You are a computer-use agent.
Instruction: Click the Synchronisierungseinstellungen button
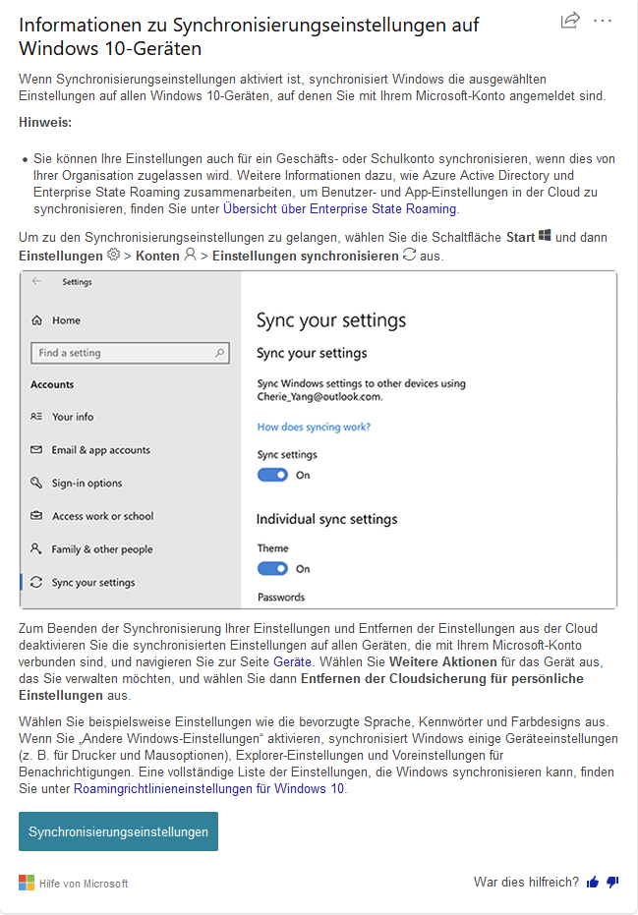(x=118, y=831)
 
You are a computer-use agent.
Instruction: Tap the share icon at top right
(x=569, y=21)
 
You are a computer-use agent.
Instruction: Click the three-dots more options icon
(x=603, y=21)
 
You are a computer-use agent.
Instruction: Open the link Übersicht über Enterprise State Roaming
(x=339, y=208)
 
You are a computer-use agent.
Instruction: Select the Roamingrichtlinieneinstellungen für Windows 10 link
(x=209, y=788)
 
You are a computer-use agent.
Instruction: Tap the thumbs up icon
(x=593, y=883)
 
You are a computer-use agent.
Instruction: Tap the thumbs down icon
(x=612, y=883)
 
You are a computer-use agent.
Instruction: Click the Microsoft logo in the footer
(x=27, y=883)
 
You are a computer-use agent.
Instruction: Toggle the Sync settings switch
(x=272, y=475)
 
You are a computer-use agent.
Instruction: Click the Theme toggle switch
(x=272, y=568)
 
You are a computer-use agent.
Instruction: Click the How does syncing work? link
(x=314, y=427)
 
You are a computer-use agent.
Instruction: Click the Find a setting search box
(x=130, y=353)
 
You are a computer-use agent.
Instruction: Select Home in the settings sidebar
(x=66, y=320)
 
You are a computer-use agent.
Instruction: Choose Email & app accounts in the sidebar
(x=100, y=450)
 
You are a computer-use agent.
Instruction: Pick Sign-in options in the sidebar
(x=87, y=483)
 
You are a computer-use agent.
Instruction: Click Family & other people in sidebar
(x=102, y=549)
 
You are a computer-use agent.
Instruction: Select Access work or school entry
(x=102, y=516)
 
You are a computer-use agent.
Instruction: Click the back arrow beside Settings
(x=36, y=281)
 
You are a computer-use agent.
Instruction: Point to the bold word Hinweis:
(x=45, y=122)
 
